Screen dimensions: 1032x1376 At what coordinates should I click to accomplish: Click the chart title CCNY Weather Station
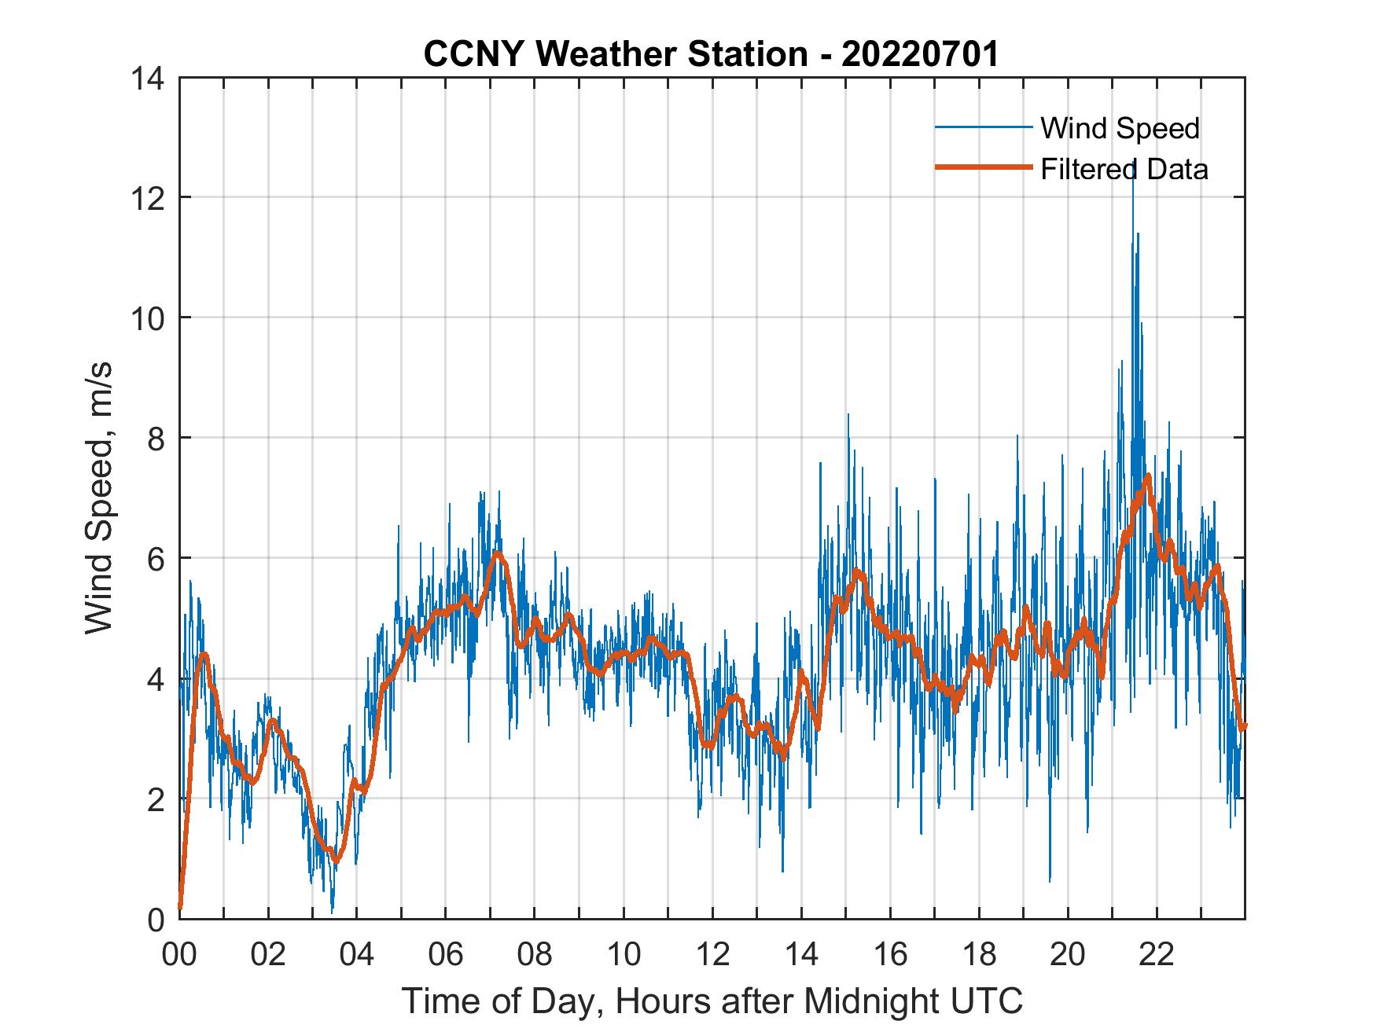[711, 54]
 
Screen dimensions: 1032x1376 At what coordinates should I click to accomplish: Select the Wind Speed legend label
[1120, 128]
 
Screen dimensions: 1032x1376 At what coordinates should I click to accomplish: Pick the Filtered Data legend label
[1124, 169]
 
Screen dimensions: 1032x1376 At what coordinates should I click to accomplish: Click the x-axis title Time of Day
[712, 1001]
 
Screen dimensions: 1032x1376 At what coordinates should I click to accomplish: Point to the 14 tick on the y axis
[149, 78]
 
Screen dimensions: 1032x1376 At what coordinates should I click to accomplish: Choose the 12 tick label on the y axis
[149, 197]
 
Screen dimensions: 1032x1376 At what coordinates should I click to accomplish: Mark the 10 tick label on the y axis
[149, 318]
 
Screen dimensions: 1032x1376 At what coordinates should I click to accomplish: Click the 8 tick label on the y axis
[156, 438]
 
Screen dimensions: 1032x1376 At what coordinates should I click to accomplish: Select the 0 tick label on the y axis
[156, 919]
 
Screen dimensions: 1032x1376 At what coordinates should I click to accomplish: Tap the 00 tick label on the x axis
[179, 955]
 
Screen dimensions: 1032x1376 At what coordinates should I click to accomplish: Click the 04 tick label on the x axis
[357, 955]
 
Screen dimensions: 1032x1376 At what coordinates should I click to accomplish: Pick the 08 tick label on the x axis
[535, 955]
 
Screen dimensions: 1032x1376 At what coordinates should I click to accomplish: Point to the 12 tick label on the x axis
[712, 955]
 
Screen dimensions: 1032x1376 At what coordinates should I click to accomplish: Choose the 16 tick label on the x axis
[890, 955]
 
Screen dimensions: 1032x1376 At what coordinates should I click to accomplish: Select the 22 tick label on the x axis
[1157, 955]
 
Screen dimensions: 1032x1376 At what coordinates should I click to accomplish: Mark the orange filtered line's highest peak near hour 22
[1149, 476]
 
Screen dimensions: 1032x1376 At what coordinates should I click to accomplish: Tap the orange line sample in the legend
[983, 167]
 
